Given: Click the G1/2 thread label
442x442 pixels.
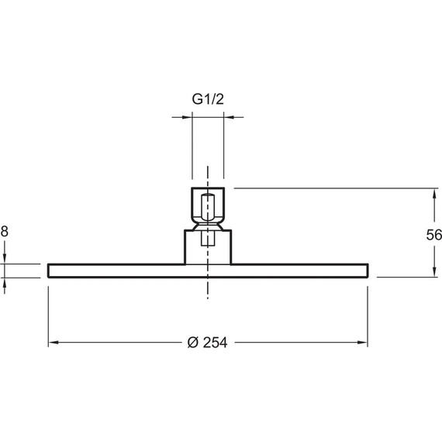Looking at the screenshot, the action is click(x=208, y=99).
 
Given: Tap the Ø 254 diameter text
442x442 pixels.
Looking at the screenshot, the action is click(x=207, y=343).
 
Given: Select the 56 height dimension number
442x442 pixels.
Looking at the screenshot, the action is click(x=433, y=235).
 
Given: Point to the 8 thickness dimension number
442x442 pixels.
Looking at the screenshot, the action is click(x=4, y=231).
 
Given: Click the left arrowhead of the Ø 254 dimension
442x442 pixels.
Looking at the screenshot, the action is click(x=54, y=343).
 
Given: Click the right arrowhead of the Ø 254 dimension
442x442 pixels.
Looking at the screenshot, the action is click(x=362, y=343).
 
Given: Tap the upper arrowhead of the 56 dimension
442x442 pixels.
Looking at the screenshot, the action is click(x=434, y=193).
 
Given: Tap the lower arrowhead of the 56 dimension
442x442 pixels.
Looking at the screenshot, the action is click(x=434, y=271).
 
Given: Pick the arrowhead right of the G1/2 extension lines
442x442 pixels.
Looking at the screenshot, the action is click(x=229, y=117).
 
